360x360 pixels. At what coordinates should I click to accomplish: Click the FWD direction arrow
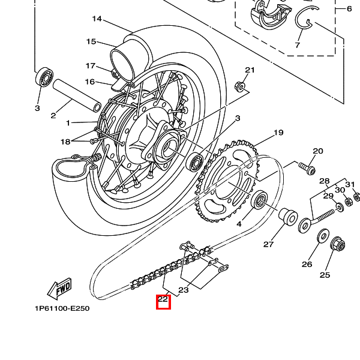[x=59, y=289]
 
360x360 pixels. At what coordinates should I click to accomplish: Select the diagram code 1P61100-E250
[x=62, y=308]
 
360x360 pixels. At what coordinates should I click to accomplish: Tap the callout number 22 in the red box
[x=163, y=299]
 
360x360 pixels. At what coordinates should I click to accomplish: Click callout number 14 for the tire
[x=97, y=19]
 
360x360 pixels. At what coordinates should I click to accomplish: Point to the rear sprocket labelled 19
[x=226, y=181]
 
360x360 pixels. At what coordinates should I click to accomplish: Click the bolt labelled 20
[x=307, y=168]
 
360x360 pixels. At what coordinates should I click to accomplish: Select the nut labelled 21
[x=240, y=87]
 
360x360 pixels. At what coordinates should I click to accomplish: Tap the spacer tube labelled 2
[x=77, y=96]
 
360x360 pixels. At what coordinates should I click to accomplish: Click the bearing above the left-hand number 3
[x=44, y=77]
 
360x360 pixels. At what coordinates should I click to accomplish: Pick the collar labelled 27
[x=288, y=217]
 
